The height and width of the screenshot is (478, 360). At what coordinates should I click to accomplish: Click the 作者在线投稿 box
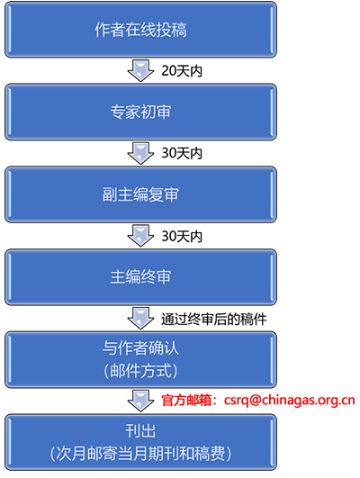(x=140, y=30)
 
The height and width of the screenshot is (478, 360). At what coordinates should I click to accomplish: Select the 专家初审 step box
(x=140, y=112)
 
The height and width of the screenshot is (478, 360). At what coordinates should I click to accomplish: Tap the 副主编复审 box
(x=140, y=194)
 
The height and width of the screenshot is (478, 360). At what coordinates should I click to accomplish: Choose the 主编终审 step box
(x=140, y=277)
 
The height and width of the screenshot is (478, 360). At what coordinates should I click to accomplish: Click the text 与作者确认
(x=140, y=348)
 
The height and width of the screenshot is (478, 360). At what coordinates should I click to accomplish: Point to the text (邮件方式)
(x=140, y=371)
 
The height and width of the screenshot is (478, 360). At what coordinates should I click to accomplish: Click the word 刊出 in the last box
(x=140, y=431)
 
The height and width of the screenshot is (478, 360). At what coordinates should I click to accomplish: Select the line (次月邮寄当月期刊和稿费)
(x=140, y=454)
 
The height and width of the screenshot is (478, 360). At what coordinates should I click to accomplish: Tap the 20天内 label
(x=182, y=71)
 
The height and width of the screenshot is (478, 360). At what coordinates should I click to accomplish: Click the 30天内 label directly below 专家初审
(x=182, y=153)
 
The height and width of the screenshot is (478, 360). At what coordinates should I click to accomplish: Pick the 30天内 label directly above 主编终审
(x=182, y=236)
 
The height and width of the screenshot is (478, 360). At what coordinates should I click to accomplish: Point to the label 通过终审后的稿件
(x=213, y=320)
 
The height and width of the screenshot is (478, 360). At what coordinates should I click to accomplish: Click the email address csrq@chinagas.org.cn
(x=290, y=401)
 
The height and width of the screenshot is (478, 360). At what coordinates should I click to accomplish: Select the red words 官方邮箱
(x=186, y=401)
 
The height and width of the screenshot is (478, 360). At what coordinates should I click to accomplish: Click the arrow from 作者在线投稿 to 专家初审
(x=140, y=71)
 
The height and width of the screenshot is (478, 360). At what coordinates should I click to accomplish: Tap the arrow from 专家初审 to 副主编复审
(x=140, y=153)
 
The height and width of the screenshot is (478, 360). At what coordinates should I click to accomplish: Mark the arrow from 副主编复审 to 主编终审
(x=140, y=236)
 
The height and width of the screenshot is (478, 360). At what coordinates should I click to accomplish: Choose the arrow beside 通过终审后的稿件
(x=140, y=319)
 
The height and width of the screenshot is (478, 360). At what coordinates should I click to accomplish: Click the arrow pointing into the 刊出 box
(x=140, y=401)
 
